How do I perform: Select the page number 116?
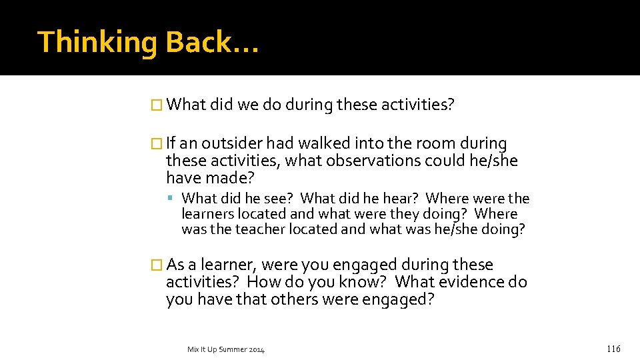pos(613,349)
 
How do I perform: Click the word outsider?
pos(232,143)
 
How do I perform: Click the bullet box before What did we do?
pos(157,105)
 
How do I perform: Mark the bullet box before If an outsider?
pos(157,143)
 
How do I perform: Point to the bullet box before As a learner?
pos(157,265)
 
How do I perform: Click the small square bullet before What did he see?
pos(171,199)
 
